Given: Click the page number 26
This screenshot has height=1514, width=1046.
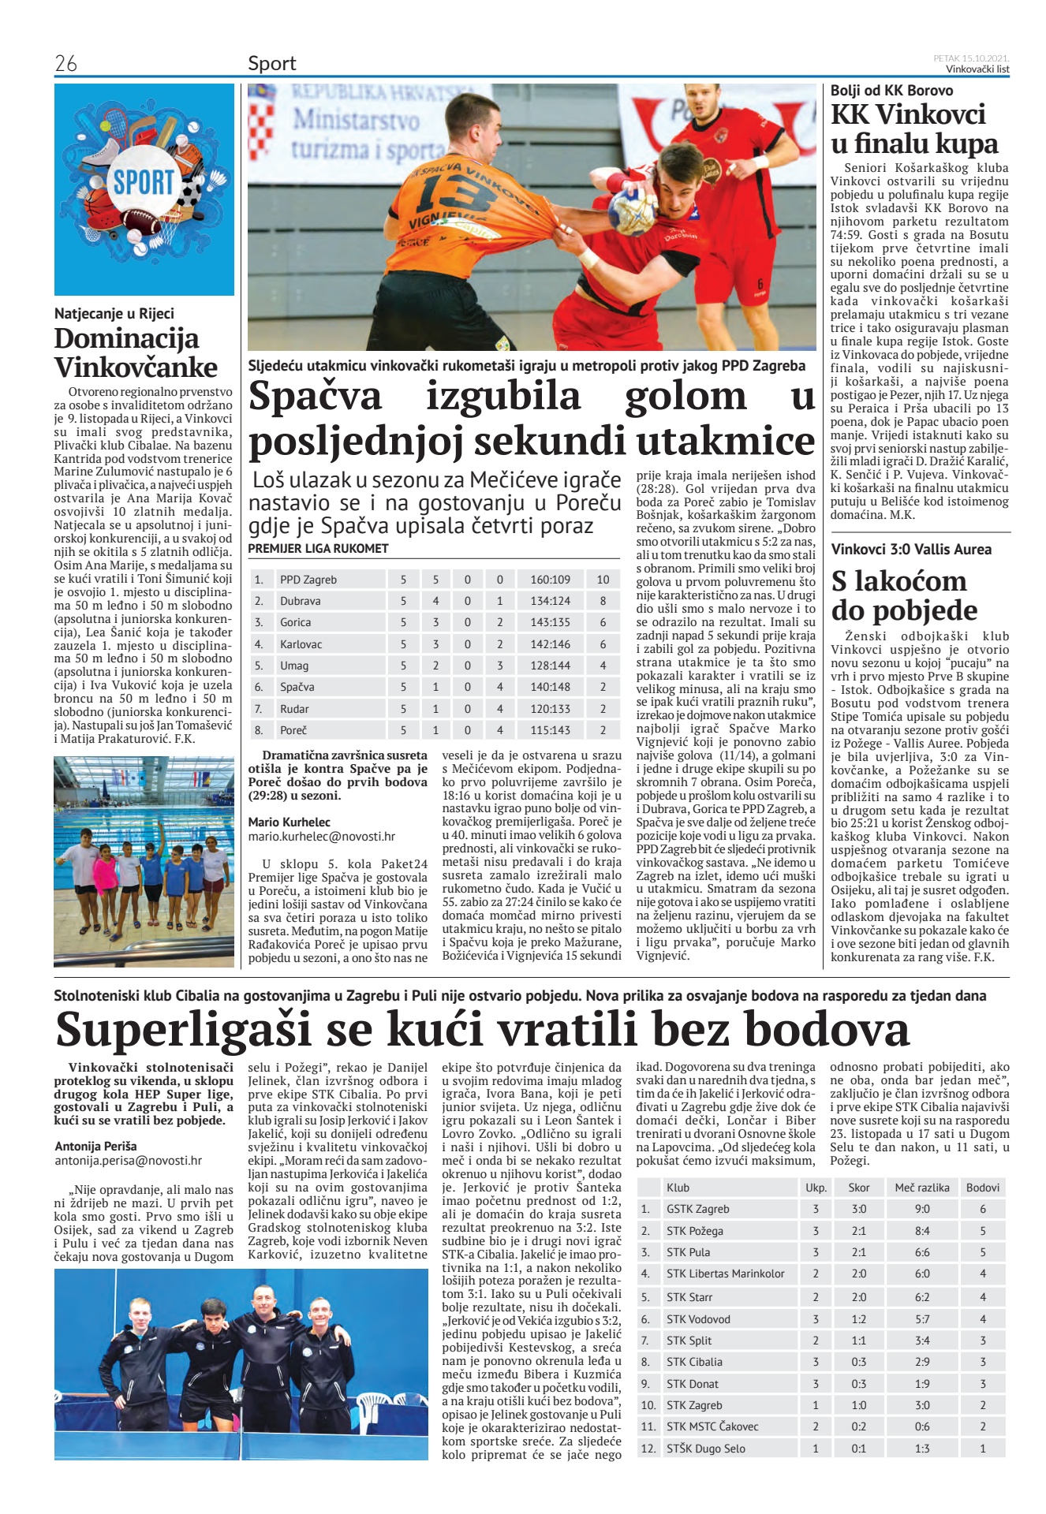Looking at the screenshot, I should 66,63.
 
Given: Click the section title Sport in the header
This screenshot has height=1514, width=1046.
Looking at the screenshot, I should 272,63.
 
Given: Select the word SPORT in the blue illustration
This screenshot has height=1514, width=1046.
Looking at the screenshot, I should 144,182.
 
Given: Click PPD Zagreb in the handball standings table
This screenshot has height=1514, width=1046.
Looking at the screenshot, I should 308,580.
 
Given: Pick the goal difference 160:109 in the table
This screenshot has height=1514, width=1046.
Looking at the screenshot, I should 551,580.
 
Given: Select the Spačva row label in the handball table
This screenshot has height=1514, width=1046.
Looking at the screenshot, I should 297,687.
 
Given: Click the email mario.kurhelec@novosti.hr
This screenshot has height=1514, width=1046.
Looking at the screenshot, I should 322,837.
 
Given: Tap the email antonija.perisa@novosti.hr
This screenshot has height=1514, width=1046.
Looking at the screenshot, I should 129,1161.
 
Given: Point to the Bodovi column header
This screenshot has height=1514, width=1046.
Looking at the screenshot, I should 982,1188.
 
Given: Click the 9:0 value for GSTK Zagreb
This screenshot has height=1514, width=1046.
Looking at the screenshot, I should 921,1209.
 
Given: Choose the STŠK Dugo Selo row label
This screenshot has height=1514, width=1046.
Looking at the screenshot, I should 705,1449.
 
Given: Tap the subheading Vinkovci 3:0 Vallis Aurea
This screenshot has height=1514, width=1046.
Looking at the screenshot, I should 911,550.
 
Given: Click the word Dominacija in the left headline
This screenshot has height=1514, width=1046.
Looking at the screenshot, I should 126,339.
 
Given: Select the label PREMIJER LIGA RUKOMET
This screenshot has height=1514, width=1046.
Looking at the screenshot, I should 318,548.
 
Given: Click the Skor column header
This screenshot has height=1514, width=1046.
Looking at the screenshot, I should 859,1188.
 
